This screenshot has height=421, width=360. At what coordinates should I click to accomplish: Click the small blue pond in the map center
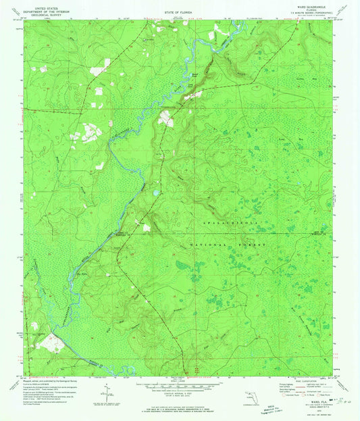(x=155, y=193)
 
